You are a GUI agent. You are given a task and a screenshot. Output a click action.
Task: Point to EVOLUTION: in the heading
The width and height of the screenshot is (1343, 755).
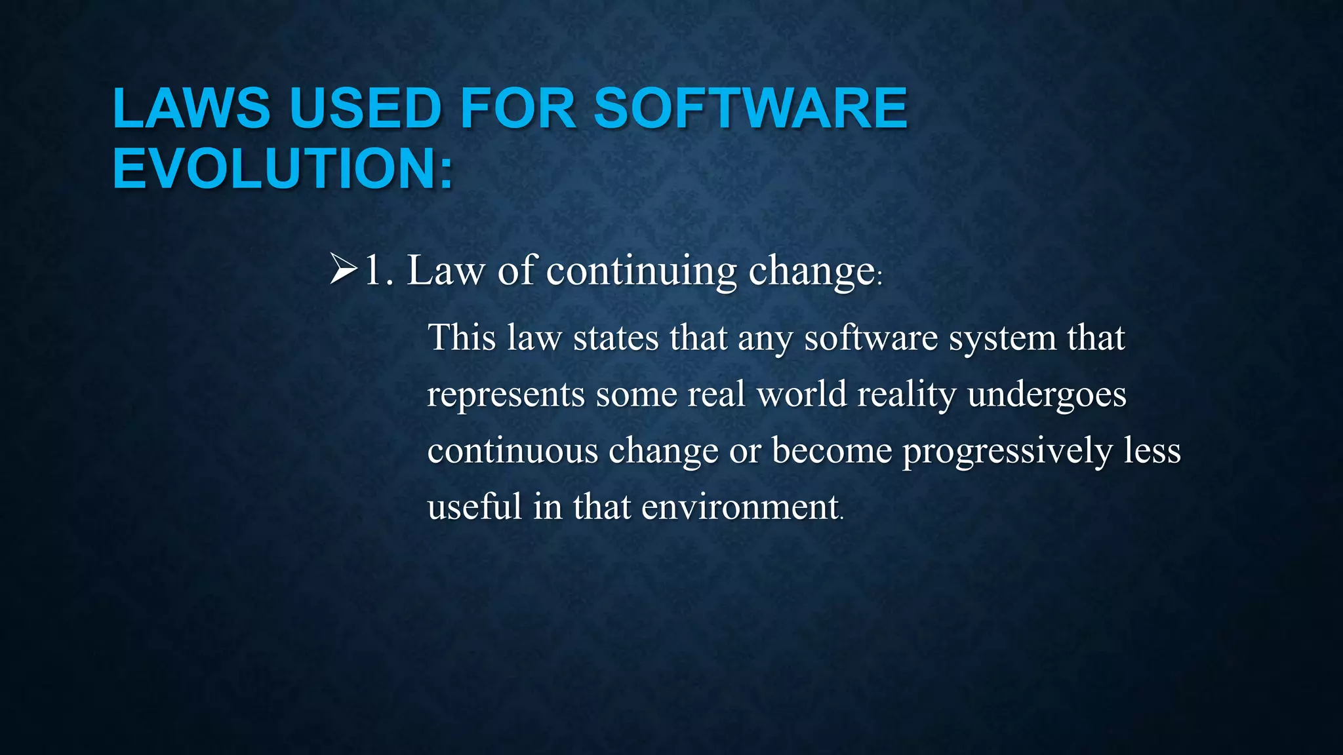[283, 168]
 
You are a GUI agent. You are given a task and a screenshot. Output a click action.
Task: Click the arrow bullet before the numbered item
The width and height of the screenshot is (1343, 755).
[344, 270]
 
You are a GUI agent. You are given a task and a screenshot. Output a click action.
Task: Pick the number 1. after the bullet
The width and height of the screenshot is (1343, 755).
[379, 270]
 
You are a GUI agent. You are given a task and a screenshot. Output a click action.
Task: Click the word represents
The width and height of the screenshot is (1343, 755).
[506, 395]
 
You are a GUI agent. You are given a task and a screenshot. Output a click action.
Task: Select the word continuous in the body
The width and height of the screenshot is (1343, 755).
[513, 451]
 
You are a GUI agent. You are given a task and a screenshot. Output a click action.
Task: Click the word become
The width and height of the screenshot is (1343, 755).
[832, 451]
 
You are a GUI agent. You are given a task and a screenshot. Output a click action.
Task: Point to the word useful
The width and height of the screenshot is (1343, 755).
[475, 507]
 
